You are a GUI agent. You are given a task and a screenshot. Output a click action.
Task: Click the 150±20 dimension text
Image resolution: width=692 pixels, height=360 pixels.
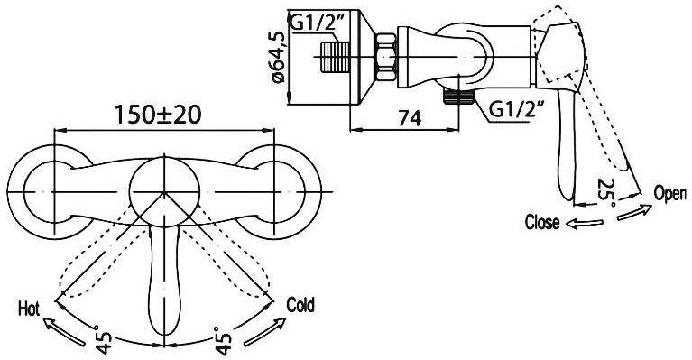(158, 115)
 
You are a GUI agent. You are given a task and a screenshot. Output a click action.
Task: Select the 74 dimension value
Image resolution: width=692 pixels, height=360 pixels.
(410, 118)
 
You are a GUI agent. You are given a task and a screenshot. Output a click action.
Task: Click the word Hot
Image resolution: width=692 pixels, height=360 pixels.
(29, 309)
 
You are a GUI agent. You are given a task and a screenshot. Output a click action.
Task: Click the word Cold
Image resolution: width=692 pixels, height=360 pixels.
(300, 304)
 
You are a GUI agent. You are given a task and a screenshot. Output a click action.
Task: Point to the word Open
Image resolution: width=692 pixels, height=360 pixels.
(670, 193)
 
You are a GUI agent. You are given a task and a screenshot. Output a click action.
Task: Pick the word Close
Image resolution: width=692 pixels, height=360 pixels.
(542, 222)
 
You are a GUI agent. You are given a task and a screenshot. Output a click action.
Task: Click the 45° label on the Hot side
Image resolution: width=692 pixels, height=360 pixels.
(103, 340)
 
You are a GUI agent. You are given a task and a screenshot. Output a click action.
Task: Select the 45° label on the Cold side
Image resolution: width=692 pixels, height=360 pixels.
(223, 340)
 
